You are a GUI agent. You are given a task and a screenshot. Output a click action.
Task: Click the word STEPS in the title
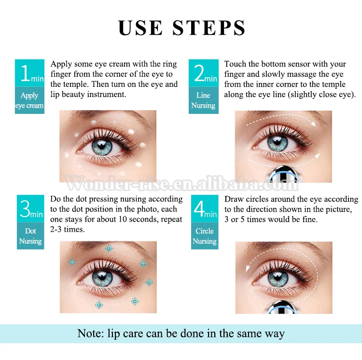point(209,28)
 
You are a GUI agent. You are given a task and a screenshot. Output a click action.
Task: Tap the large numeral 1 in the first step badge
point(26,73)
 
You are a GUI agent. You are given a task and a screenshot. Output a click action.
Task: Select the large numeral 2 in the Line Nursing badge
point(199,73)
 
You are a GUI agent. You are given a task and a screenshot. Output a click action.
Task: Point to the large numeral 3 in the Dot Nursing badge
point(25,208)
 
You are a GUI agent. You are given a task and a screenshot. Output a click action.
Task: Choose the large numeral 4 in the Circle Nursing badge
point(199,208)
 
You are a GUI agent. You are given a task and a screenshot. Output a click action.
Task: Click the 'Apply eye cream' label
point(29,100)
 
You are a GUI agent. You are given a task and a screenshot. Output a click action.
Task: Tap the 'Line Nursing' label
point(203,100)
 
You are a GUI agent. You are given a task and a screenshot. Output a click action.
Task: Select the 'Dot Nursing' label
point(30,236)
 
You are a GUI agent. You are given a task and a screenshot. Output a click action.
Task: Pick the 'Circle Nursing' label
point(205,236)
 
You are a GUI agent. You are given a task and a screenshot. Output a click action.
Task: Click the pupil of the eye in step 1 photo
point(101,145)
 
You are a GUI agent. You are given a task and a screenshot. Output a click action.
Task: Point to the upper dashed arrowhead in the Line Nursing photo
point(313,124)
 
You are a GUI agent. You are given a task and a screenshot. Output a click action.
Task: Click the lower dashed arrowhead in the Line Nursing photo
point(318,155)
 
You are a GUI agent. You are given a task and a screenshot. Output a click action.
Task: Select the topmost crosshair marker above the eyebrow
point(109,249)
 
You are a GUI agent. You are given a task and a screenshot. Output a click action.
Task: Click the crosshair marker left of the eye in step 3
point(72,262)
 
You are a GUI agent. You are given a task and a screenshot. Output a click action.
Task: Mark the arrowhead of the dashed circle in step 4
point(248,268)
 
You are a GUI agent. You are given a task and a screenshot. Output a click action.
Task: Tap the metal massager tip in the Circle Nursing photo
point(282,307)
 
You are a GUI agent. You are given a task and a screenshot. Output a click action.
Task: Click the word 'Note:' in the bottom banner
point(91,333)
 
